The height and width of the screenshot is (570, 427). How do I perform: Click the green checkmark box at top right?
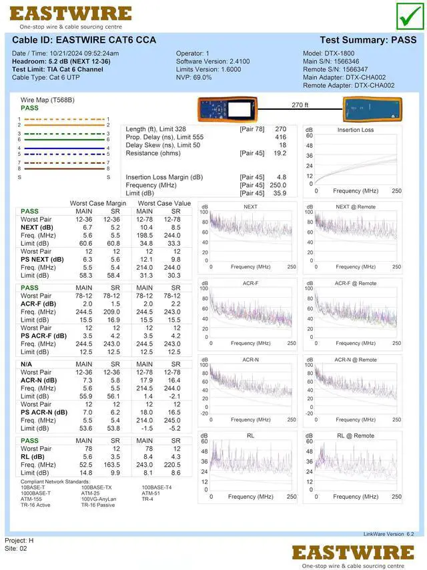point(408,16)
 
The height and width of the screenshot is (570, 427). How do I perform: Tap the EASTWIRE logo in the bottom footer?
point(353,553)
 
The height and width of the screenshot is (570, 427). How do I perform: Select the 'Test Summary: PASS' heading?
point(368,40)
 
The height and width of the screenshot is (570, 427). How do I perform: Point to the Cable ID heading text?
point(84,40)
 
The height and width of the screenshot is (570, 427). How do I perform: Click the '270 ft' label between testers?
point(300,105)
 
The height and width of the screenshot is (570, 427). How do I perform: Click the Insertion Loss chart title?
point(356,130)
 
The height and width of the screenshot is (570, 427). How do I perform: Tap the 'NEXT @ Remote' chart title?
point(356,207)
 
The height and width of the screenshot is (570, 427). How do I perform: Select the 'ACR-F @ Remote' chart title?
point(356,284)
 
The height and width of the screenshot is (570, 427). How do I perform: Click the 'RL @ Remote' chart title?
point(356,436)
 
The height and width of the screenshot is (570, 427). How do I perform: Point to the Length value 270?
point(280,129)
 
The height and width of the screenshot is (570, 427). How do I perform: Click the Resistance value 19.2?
point(280,153)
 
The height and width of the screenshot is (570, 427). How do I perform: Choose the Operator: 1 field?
point(193,53)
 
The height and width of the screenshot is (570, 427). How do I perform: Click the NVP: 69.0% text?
point(194,77)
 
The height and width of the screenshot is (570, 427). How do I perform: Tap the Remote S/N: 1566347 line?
point(335,69)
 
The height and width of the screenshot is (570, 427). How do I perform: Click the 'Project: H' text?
point(19,540)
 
